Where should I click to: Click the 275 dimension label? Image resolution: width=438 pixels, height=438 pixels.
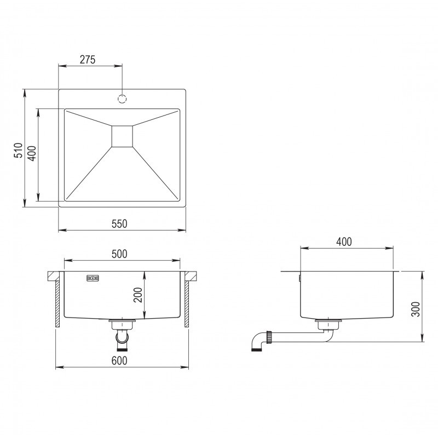88,60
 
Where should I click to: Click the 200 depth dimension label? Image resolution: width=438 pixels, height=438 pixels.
137,295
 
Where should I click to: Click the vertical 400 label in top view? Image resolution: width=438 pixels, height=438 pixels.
31,153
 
